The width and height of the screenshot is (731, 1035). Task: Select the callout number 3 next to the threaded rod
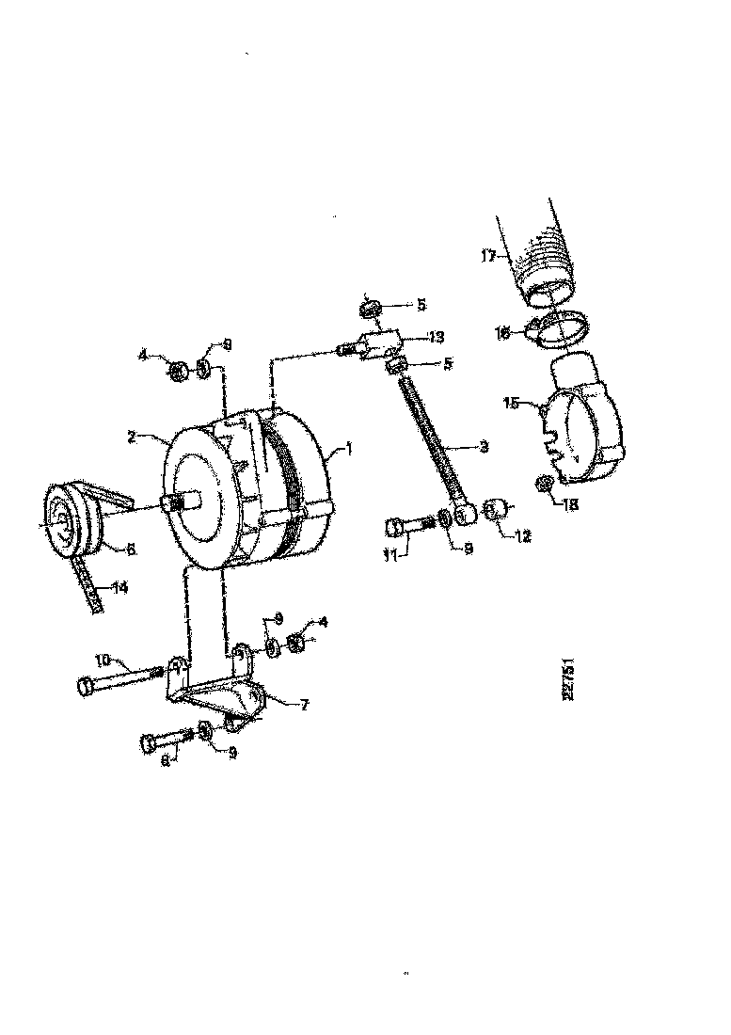(x=483, y=448)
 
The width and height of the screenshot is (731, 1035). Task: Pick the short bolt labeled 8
(x=167, y=741)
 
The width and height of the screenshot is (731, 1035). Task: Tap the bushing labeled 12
(x=495, y=509)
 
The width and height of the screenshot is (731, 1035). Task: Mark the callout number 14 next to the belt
(x=120, y=588)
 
